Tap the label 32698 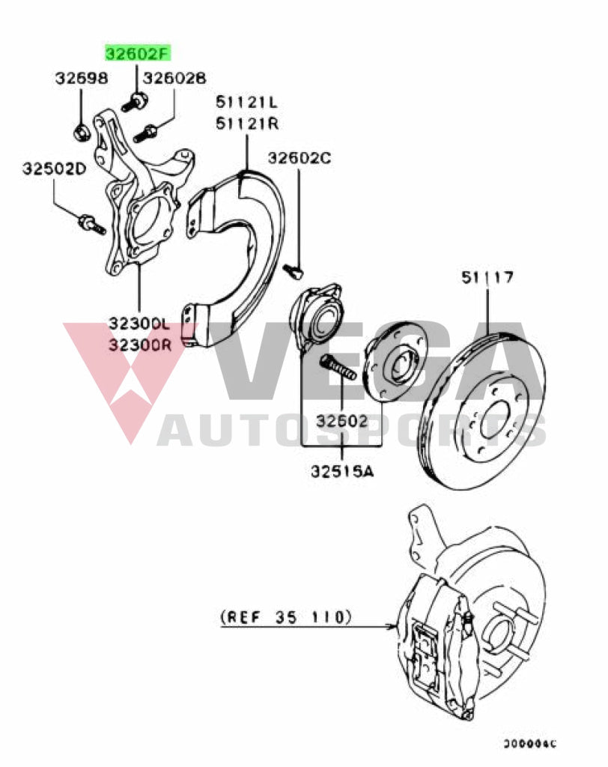click(x=81, y=78)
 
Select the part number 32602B click(x=174, y=78)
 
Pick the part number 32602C click(x=300, y=158)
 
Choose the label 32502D click(x=54, y=169)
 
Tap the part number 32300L click(x=140, y=324)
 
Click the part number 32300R click(x=140, y=345)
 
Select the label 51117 click(x=487, y=278)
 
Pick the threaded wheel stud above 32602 click(x=339, y=369)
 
